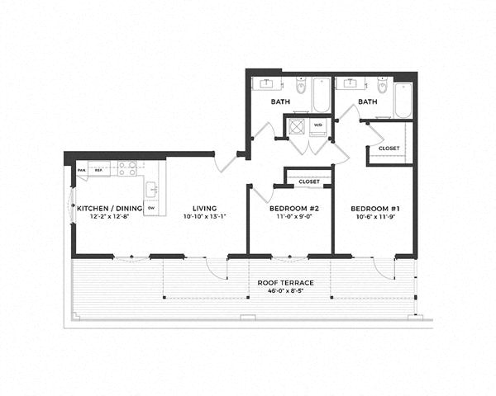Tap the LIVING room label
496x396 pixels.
(205, 209)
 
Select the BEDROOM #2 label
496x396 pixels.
(289, 209)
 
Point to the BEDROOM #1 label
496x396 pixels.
(372, 209)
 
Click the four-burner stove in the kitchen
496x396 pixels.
(126, 168)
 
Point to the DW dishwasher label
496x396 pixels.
(150, 208)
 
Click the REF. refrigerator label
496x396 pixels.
(98, 171)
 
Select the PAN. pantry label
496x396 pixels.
(82, 171)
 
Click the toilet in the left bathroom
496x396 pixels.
(298, 86)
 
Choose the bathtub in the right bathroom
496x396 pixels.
(403, 100)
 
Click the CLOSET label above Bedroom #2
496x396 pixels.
(308, 181)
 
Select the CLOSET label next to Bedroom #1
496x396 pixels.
(389, 148)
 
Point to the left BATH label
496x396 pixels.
(279, 101)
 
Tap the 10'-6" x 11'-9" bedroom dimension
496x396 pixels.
(372, 218)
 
